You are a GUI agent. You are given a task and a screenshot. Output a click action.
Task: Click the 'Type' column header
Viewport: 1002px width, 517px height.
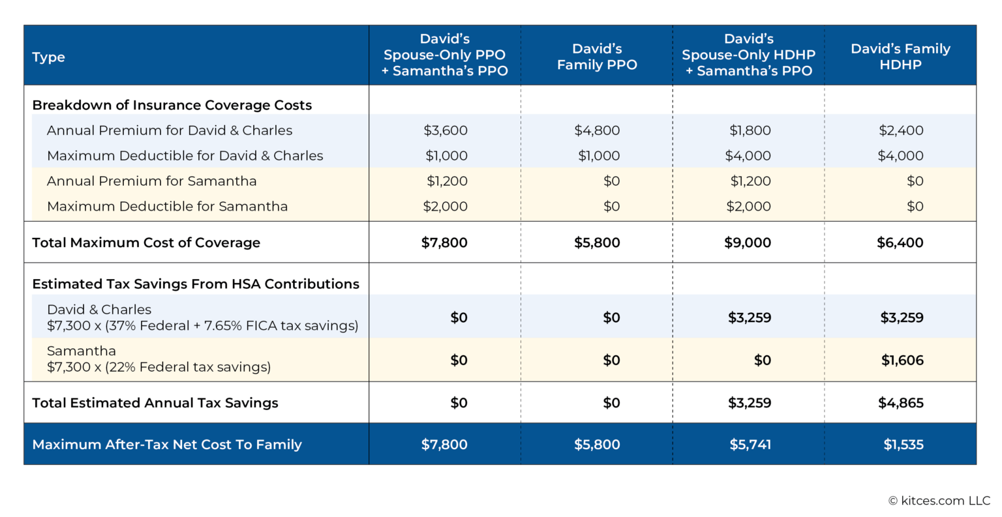point(49,57)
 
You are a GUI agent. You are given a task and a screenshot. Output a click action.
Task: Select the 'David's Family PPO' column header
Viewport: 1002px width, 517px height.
point(597,57)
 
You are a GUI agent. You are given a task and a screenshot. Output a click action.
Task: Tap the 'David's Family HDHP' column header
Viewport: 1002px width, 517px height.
point(900,57)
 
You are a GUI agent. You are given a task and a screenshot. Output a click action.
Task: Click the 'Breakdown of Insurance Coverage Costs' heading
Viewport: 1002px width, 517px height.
point(172,105)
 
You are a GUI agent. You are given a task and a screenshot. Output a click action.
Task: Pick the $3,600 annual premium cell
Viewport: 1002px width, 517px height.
point(446,130)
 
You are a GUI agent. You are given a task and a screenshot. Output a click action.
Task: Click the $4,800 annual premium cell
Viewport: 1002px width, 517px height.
point(597,130)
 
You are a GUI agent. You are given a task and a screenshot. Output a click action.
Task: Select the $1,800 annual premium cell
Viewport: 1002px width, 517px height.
point(750,130)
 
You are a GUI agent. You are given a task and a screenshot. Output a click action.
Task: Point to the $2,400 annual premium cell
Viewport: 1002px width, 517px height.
point(901,130)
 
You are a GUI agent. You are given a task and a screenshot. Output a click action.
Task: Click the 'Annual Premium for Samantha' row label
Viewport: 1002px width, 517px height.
point(152,181)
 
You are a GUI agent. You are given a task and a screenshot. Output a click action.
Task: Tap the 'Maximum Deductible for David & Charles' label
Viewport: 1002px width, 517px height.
point(185,156)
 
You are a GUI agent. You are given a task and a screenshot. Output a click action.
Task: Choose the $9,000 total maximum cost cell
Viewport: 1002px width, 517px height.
point(748,243)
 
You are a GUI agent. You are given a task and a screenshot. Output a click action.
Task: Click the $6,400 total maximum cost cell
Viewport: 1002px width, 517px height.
point(900,243)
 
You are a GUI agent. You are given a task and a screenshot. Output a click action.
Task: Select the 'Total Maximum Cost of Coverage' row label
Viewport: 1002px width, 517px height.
point(146,243)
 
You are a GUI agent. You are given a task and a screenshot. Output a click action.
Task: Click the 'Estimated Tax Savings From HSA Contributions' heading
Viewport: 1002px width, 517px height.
point(196,284)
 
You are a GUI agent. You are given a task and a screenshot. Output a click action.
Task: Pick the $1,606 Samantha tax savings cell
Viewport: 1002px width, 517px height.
point(902,360)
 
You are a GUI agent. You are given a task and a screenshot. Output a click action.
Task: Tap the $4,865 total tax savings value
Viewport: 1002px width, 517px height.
point(901,403)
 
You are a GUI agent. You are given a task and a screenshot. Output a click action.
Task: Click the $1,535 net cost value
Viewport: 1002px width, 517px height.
point(903,445)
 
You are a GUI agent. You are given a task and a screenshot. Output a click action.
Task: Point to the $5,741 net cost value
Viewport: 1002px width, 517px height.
point(750,445)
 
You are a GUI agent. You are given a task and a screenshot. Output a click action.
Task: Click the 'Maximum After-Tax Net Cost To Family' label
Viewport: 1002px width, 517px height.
point(167,445)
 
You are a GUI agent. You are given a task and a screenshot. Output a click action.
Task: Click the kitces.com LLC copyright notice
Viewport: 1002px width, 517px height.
point(939,501)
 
